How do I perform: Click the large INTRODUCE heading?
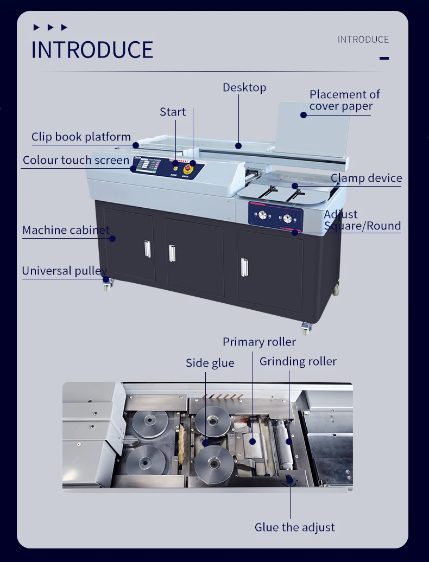tap(92, 50)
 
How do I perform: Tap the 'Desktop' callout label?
tap(244, 87)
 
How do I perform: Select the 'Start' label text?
tap(173, 112)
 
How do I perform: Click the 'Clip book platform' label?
tap(81, 137)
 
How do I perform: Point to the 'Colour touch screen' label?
tap(76, 161)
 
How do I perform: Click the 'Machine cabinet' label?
tap(66, 230)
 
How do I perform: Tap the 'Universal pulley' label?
tap(64, 271)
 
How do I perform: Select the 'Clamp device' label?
tap(366, 178)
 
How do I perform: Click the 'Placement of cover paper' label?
tap(344, 100)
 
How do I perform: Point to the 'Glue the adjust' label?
tap(295, 527)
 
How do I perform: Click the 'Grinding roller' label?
tap(298, 361)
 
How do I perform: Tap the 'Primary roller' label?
tap(259, 342)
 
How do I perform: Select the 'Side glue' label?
tap(210, 363)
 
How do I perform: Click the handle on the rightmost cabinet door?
tap(244, 267)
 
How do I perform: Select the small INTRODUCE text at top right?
tap(363, 40)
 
